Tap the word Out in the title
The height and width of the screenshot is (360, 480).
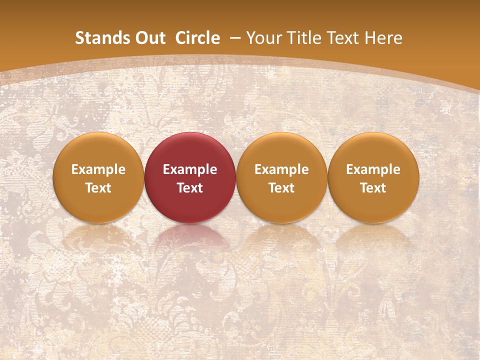pos(148,38)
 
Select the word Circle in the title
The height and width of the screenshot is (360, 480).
pos(197,38)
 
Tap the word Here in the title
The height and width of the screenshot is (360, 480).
pos(383,38)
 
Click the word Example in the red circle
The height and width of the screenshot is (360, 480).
pos(190,169)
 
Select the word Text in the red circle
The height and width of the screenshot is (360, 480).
pos(190,188)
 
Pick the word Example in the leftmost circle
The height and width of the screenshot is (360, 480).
pos(98,169)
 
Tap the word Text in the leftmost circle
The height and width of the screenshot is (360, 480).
pos(98,188)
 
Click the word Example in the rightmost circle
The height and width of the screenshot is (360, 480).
pos(373,169)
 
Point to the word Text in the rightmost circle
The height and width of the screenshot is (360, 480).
pos(373,188)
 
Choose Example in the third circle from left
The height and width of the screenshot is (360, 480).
pos(281,169)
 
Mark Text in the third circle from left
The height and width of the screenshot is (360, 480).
pos(281,188)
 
